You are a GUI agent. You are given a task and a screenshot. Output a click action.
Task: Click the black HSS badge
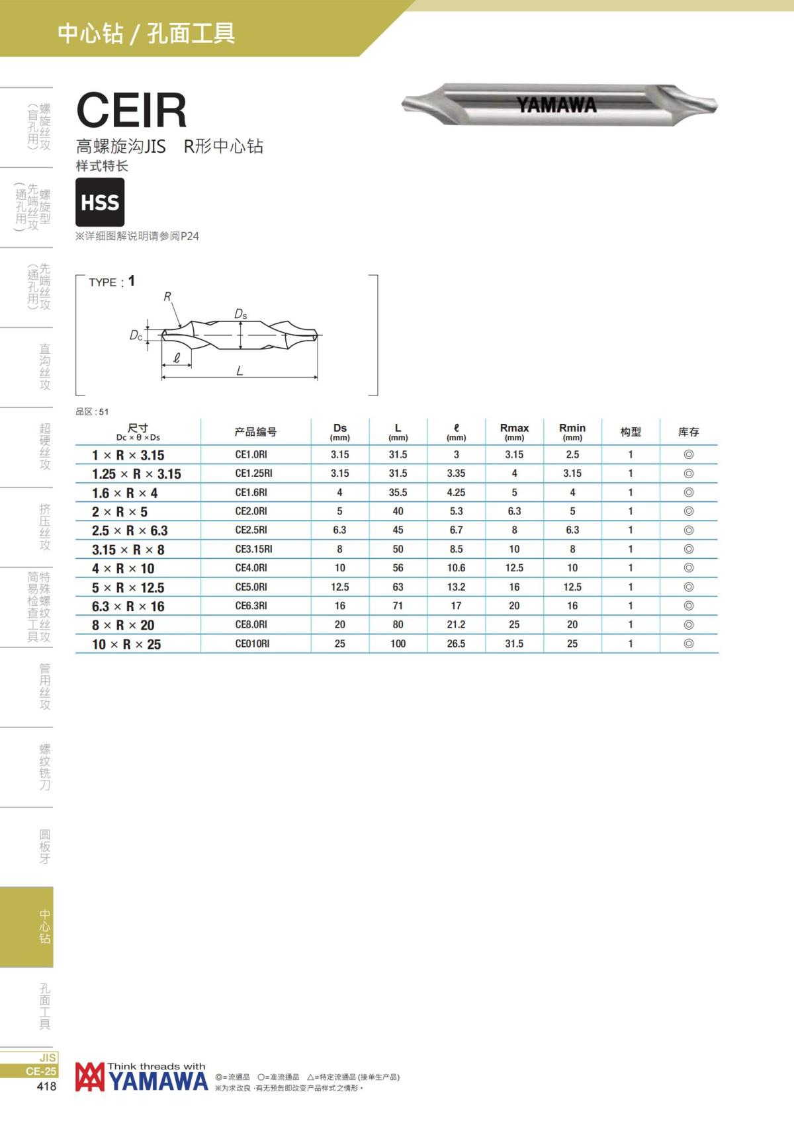(x=100, y=202)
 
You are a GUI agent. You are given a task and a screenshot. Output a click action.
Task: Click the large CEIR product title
(x=132, y=110)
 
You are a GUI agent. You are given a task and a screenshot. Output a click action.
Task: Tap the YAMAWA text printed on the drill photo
(x=556, y=104)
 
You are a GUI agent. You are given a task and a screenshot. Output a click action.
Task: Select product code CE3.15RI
(x=254, y=549)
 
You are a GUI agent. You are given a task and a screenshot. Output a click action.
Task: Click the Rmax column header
(x=514, y=431)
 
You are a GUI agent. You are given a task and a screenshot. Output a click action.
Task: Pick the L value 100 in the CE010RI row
(x=398, y=644)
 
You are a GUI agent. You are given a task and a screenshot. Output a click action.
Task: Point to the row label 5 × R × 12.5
(x=128, y=587)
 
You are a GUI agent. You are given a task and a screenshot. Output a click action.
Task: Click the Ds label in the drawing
(x=240, y=314)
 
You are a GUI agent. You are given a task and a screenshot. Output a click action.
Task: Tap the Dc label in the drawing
(x=136, y=335)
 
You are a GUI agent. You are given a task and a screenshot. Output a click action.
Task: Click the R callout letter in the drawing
(x=167, y=297)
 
